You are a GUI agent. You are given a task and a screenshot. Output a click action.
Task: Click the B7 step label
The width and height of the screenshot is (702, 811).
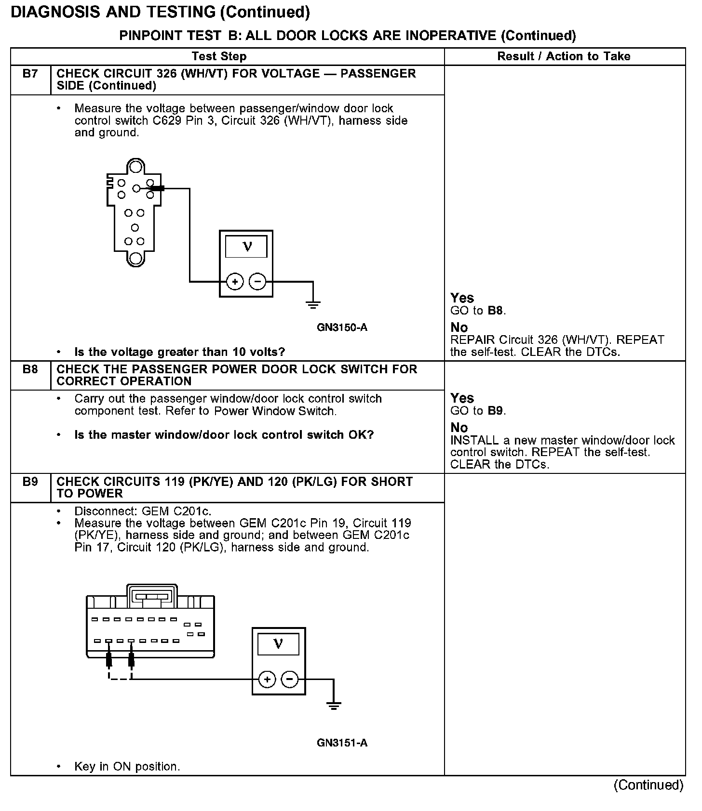tap(30, 74)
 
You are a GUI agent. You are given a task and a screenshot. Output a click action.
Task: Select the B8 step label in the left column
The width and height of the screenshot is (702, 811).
tap(30, 370)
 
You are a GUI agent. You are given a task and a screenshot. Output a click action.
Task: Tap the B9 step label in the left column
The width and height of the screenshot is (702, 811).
tap(30, 482)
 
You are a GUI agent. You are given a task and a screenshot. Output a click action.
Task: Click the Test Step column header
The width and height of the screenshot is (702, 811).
tap(219, 56)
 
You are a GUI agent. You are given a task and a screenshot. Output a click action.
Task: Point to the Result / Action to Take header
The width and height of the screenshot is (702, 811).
tap(564, 56)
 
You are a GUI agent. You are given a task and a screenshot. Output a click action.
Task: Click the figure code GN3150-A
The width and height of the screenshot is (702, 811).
tap(342, 327)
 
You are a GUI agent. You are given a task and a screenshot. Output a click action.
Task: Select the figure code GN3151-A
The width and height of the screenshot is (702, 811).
tap(342, 743)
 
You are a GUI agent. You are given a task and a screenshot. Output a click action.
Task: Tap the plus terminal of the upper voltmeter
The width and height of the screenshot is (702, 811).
tap(235, 282)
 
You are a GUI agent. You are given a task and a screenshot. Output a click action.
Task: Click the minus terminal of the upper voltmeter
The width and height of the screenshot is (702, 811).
tap(257, 282)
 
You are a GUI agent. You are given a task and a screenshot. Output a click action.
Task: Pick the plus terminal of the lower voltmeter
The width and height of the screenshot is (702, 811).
tap(267, 680)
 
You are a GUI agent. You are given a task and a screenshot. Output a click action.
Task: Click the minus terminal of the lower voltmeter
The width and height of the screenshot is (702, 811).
tap(290, 680)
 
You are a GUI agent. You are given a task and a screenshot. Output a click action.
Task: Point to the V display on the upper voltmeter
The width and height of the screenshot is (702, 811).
tap(246, 247)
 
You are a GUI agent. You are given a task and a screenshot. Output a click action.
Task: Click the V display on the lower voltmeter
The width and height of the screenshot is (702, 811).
tap(278, 644)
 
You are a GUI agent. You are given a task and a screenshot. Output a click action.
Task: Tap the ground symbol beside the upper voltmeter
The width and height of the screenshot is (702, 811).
tap(313, 303)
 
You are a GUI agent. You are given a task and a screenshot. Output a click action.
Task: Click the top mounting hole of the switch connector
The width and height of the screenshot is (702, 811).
tap(135, 167)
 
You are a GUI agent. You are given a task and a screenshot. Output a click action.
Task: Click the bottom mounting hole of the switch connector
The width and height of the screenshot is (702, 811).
tap(135, 258)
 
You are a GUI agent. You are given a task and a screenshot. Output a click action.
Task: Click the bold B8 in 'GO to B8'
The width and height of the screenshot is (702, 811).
tap(496, 311)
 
